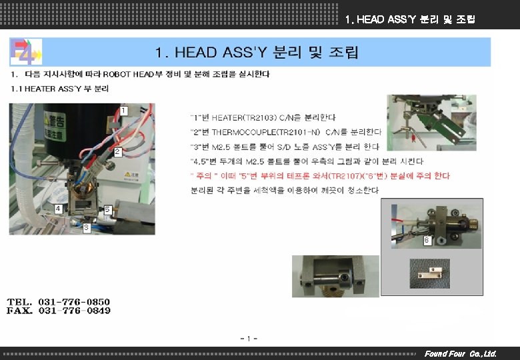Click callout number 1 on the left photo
coord(123,109)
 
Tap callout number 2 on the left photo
coord(117,152)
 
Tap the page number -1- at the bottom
coord(249,339)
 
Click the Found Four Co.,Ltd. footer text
coord(460,353)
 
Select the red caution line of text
coord(320,176)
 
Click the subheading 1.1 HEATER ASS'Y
coord(60,88)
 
